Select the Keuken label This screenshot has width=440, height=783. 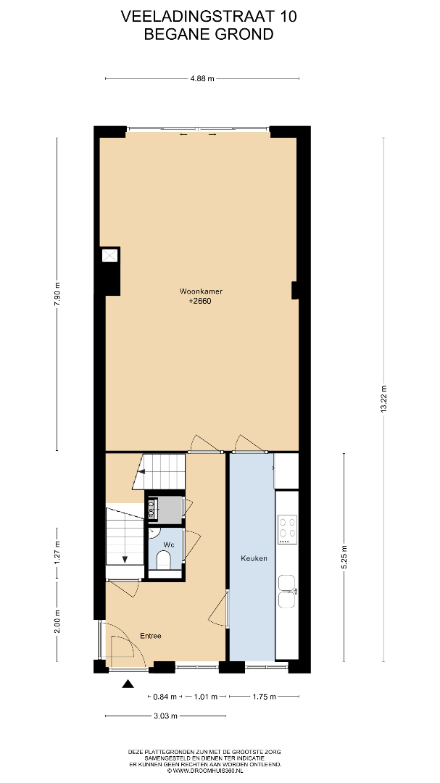[x=254, y=558]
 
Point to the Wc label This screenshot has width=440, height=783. [x=169, y=544]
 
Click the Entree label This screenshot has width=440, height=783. [x=150, y=637]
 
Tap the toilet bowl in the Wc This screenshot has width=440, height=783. [x=164, y=560]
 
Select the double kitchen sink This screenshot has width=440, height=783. [x=287, y=592]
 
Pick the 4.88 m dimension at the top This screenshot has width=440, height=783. [x=203, y=78]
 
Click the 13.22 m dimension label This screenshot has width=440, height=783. [x=383, y=399]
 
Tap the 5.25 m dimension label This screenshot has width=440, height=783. [x=344, y=558]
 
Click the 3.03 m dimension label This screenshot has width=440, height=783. [x=166, y=716]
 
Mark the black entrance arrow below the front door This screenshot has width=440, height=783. [x=128, y=684]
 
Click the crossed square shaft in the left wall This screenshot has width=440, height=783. [x=110, y=255]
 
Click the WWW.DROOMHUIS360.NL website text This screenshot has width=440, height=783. [x=208, y=771]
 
